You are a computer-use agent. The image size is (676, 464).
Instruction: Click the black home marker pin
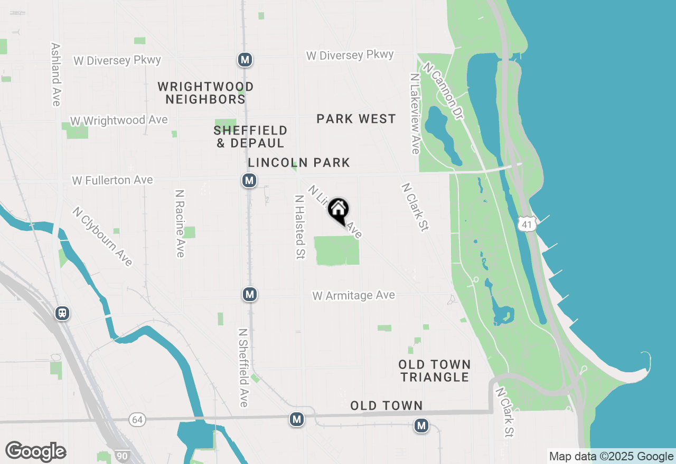pos(339,210)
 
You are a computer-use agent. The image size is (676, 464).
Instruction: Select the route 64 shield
pos(137,420)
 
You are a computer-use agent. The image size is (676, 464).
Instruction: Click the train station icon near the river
pos(62,314)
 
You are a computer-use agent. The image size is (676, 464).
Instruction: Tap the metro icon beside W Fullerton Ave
pos(249,181)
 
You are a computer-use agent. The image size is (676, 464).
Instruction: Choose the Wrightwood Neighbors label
pos(205,93)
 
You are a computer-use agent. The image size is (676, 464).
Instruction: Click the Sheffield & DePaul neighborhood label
pos(250,137)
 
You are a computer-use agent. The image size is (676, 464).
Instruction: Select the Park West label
pos(356,119)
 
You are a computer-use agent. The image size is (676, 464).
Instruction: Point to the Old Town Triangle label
pos(434,371)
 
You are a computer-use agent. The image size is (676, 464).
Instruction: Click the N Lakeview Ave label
pos(414,113)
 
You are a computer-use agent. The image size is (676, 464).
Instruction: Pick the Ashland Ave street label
pos(56,74)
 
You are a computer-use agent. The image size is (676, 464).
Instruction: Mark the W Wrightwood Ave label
pos(119,121)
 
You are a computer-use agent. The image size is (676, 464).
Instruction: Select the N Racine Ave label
pos(180,224)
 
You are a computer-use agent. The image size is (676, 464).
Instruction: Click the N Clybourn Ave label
pos(103,237)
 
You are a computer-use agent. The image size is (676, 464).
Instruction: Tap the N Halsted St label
pos(299,227)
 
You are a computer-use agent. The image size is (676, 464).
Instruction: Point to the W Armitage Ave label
pos(353,296)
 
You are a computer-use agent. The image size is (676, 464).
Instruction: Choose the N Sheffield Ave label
pos(243,368)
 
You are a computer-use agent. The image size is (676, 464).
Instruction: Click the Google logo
pos(35,451)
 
